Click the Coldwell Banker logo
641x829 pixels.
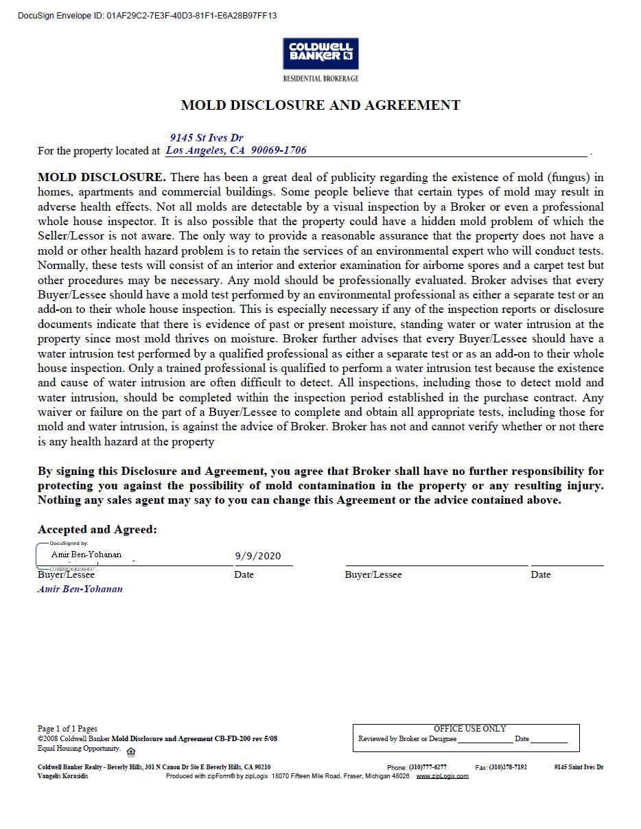[x=320, y=53]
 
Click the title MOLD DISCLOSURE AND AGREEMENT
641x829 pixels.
[x=320, y=105]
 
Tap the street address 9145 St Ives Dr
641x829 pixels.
[x=207, y=138]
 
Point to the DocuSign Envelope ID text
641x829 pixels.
[x=147, y=15]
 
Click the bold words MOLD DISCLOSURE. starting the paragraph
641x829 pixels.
[x=102, y=177]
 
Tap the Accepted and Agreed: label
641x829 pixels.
[x=97, y=529]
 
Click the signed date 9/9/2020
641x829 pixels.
[x=258, y=556]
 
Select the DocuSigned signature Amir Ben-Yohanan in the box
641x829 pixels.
[x=86, y=554]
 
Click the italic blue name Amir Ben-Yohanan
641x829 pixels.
[x=80, y=589]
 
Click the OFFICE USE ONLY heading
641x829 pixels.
[x=469, y=729]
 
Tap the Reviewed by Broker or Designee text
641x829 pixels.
[x=407, y=739]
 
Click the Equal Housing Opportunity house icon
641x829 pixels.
[x=131, y=751]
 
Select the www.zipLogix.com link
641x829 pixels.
[x=442, y=776]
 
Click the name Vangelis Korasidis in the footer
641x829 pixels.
[x=62, y=776]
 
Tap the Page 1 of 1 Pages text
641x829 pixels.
[x=67, y=729]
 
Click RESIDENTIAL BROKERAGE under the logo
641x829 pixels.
[x=320, y=78]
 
